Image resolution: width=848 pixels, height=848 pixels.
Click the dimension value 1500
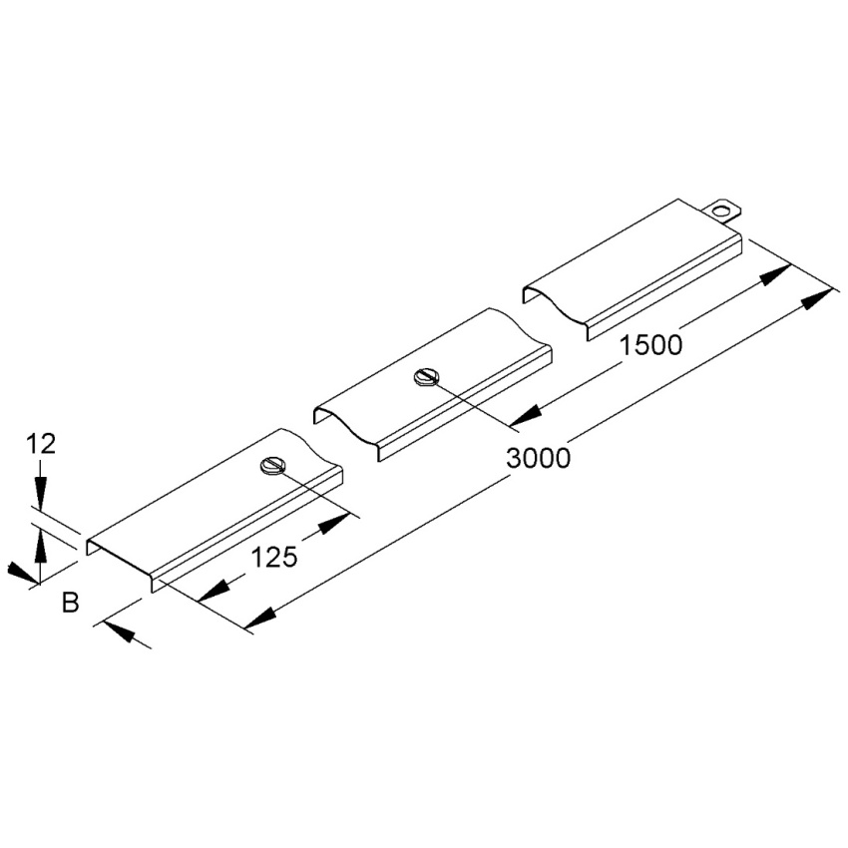(650, 345)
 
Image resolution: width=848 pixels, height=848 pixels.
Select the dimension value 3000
(538, 459)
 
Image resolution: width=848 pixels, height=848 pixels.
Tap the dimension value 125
(274, 557)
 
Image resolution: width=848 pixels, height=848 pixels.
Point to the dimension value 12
(41, 445)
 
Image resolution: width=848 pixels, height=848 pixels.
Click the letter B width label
(70, 603)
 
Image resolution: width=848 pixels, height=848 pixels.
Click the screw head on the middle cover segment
(425, 377)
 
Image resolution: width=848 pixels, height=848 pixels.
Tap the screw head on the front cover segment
(271, 466)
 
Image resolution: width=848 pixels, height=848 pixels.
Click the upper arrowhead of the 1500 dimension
(776, 274)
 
